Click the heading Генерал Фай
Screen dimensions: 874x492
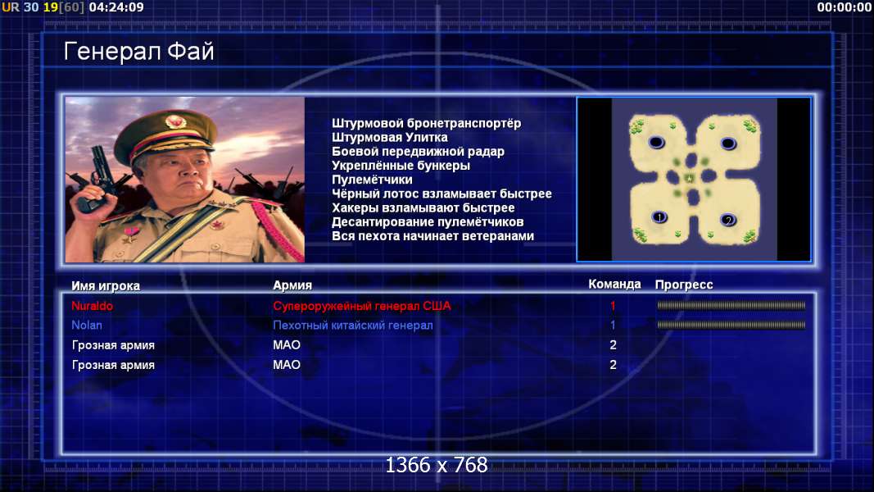pos(138,52)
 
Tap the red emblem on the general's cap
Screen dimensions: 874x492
pos(175,121)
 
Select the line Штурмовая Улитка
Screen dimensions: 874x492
pos(390,137)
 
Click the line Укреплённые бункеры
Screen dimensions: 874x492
pos(401,166)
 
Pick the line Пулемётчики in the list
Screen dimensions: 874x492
pos(372,180)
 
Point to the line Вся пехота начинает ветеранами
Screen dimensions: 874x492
pos(432,236)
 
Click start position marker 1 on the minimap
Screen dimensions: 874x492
pos(659,217)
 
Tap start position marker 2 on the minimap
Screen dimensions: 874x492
pos(728,220)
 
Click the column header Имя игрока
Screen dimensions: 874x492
pos(106,285)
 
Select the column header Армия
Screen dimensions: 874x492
pos(292,285)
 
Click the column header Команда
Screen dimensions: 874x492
pos(614,285)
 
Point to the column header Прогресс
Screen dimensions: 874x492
pos(684,285)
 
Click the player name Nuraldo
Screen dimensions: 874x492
pos(92,306)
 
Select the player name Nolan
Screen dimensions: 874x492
pos(86,326)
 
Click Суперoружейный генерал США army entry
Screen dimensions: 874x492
pos(362,306)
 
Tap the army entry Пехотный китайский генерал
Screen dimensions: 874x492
pos(353,326)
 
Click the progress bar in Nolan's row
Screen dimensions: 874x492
pos(731,325)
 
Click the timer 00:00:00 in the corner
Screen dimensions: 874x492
pos(844,7)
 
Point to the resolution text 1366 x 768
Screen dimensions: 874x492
pos(437,465)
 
